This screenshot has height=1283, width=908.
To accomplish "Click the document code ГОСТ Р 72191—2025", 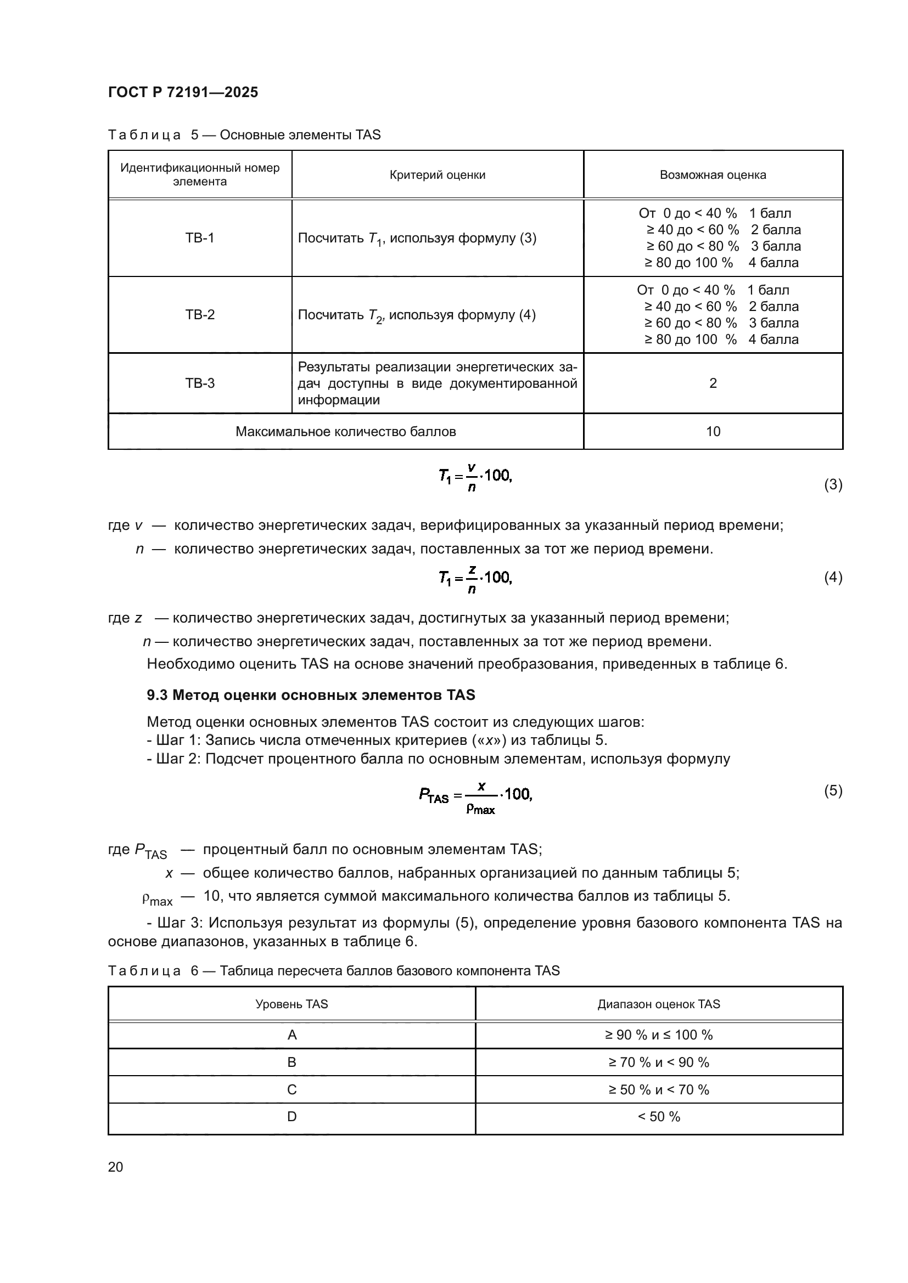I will pyautogui.click(x=183, y=92).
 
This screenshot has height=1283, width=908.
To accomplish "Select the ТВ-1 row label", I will pyautogui.click(x=200, y=238).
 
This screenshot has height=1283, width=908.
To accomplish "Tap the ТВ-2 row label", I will pyautogui.click(x=200, y=315).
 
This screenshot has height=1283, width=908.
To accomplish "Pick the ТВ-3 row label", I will pyautogui.click(x=200, y=383).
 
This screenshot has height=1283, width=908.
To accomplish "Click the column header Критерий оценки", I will pyautogui.click(x=437, y=175).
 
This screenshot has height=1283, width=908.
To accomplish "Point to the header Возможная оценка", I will pyautogui.click(x=713, y=175).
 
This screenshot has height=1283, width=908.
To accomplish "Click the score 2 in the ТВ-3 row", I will pyautogui.click(x=713, y=383).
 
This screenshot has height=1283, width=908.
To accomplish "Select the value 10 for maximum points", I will pyautogui.click(x=713, y=431).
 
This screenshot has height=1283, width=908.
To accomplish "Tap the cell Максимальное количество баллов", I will pyautogui.click(x=345, y=431).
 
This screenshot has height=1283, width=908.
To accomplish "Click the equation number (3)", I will pyautogui.click(x=833, y=484).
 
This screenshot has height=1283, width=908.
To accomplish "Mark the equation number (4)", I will pyautogui.click(x=833, y=577).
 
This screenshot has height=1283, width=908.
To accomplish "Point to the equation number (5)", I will pyautogui.click(x=833, y=791).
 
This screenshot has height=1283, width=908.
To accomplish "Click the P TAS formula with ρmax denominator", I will pyautogui.click(x=475, y=797).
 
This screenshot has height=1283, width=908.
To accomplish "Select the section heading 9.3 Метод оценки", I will pyautogui.click(x=311, y=695).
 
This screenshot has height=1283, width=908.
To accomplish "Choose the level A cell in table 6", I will pyautogui.click(x=292, y=1035).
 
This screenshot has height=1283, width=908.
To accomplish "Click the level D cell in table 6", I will pyautogui.click(x=292, y=1116).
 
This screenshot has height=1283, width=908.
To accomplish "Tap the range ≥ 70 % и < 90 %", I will pyautogui.click(x=659, y=1062).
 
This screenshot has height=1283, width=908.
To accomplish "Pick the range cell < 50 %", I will pyautogui.click(x=659, y=1116).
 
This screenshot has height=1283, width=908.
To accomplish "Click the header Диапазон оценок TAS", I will pyautogui.click(x=659, y=1004).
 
